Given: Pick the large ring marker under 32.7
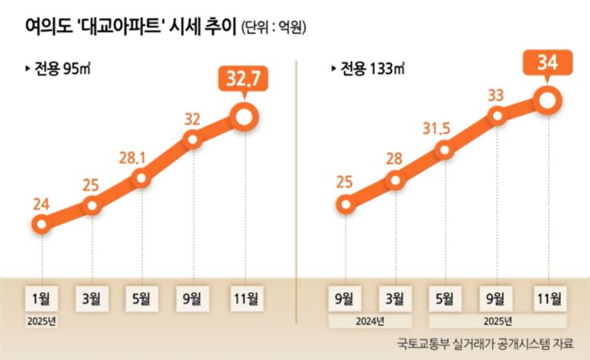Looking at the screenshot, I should pos(243,116).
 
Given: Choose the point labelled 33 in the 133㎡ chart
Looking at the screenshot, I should pos(497,116).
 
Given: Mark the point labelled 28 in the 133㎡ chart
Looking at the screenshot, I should pos(394,181).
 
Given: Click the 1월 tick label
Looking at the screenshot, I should pos(42,296).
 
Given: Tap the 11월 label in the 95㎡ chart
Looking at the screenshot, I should pos(243,296).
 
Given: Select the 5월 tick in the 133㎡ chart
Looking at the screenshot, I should pos(446,296).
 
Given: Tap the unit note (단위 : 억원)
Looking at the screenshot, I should pos(274,28).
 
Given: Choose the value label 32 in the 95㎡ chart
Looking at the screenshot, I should pos(191,119).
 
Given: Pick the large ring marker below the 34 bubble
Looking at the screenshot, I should pos(547,98).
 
